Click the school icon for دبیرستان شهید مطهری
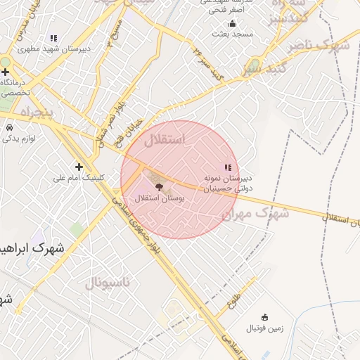point(53,39)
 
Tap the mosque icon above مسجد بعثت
point(233,24)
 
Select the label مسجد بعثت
point(233,34)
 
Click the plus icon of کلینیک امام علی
point(79,167)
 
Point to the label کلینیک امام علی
point(78,178)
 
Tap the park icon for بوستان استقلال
point(157,188)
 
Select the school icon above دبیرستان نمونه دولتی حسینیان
point(227,167)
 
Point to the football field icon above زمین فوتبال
point(264,318)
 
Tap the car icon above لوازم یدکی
point(10,128)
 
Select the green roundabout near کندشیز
point(255,66)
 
